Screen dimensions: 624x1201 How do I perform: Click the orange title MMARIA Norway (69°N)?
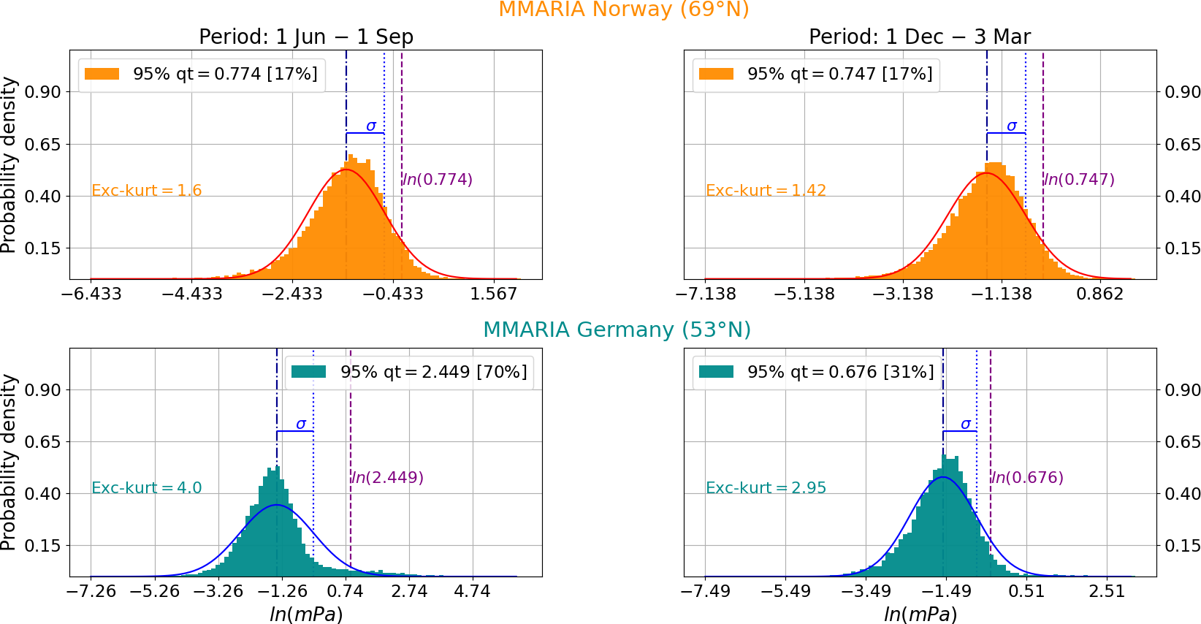[x=623, y=9]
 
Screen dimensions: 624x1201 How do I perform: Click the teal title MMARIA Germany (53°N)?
[x=617, y=330]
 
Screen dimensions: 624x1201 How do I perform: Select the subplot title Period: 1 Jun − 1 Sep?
[x=306, y=37]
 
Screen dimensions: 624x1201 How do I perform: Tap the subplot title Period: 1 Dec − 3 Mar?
[x=919, y=37]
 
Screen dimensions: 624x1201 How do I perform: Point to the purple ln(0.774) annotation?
[x=438, y=180]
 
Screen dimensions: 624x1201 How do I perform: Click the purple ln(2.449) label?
[x=387, y=478]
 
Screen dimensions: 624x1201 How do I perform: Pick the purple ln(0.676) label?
[x=1027, y=478]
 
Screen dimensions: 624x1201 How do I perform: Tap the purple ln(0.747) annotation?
[x=1079, y=180]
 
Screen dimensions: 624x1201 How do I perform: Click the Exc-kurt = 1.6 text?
[x=146, y=191]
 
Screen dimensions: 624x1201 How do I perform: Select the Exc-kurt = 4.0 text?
[x=146, y=488]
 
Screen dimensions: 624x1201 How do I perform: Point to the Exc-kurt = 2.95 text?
[x=766, y=488]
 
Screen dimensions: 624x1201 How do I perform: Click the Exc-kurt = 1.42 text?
[x=766, y=191]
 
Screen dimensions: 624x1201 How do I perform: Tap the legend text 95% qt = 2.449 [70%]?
[x=433, y=372]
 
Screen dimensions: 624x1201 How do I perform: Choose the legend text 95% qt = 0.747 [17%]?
[x=839, y=74]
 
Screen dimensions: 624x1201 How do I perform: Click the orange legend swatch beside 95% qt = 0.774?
[x=102, y=74]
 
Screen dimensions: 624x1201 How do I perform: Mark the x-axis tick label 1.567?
[x=493, y=294]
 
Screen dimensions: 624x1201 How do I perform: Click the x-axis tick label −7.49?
[x=705, y=591]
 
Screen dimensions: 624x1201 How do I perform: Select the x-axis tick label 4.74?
[x=472, y=591]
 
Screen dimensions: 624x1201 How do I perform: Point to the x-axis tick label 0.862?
[x=1099, y=294]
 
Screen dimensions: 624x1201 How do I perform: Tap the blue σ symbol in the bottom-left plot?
[x=300, y=424]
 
